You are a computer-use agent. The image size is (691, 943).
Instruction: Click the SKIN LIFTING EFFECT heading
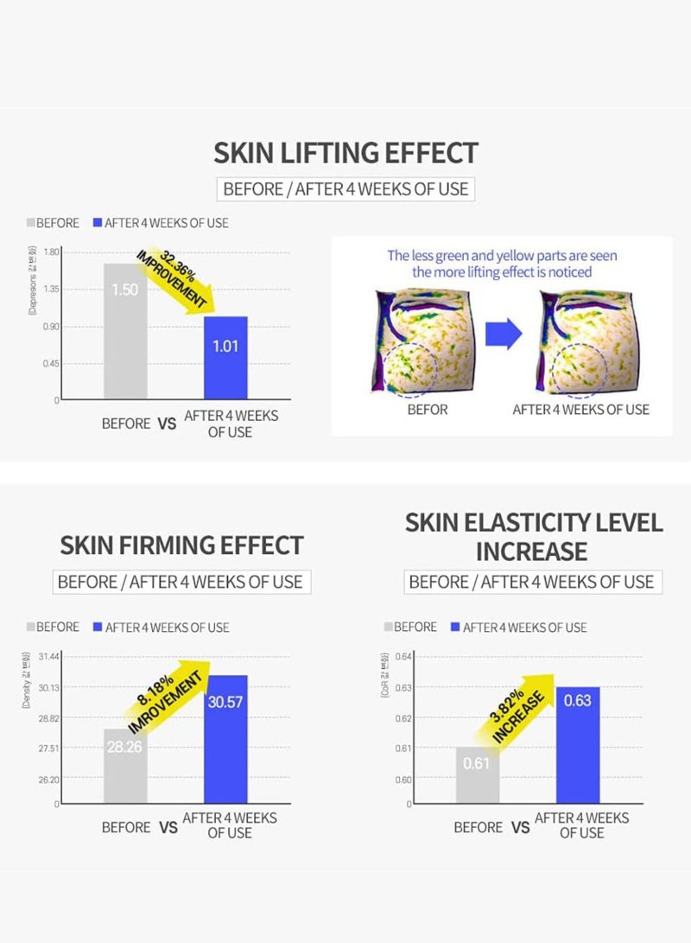(345, 153)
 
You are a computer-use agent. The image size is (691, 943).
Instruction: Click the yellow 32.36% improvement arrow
(177, 282)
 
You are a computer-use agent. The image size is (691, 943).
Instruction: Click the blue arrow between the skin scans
(504, 333)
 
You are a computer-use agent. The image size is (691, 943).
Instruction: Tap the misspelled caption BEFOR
(428, 409)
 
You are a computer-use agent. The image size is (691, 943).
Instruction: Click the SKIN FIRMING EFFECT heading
(181, 545)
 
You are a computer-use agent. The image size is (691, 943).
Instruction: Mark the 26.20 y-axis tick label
(49, 780)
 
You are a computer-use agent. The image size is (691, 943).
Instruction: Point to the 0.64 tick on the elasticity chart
(404, 657)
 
